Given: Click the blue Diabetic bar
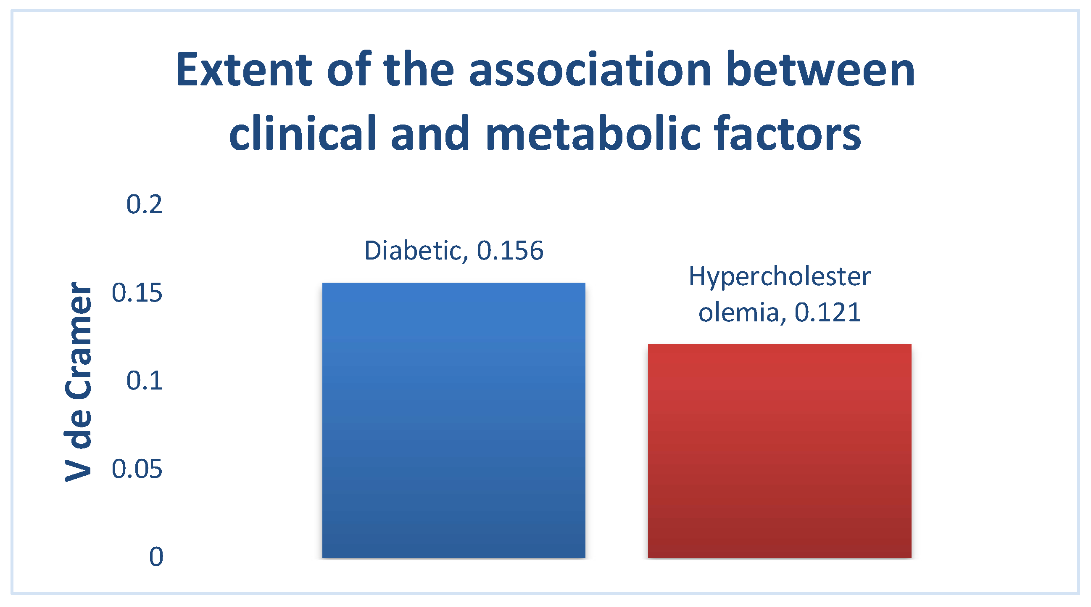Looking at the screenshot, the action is pyautogui.click(x=453, y=420).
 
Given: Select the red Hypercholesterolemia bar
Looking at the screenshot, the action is pyautogui.click(x=779, y=451).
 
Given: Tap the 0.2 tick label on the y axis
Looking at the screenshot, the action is pyautogui.click(x=145, y=204).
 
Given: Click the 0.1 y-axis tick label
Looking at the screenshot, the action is pyautogui.click(x=145, y=380).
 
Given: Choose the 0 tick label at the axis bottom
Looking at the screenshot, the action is pyautogui.click(x=156, y=557).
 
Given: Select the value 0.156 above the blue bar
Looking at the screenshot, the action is pyautogui.click(x=510, y=251).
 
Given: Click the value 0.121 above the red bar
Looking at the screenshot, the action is pyautogui.click(x=827, y=313).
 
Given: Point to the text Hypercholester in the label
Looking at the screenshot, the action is pyautogui.click(x=780, y=278).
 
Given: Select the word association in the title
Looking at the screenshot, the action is pyautogui.click(x=590, y=69).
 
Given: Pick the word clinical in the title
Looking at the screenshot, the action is pyautogui.click(x=303, y=133).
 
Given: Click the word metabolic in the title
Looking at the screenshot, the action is pyautogui.click(x=593, y=133).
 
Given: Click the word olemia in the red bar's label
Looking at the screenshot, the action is pyautogui.click(x=739, y=313).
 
